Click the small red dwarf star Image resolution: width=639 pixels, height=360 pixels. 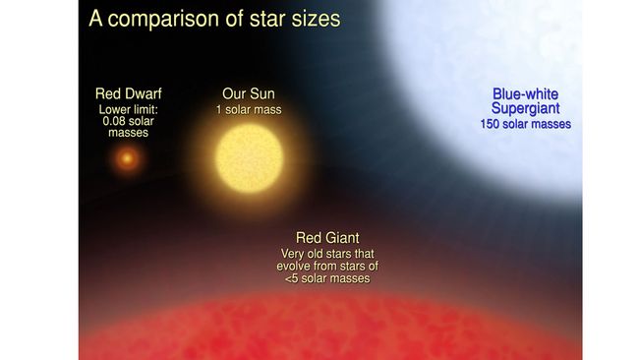[x=126, y=158]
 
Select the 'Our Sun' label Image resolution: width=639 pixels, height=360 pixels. [x=249, y=94]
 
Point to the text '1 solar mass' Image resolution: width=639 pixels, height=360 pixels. [x=249, y=109]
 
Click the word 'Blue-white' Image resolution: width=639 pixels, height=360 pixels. [x=525, y=95]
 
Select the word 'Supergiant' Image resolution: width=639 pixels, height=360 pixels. [x=525, y=109]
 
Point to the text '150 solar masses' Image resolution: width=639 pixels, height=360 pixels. [x=525, y=124]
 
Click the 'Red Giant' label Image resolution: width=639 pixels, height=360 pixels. [x=327, y=238]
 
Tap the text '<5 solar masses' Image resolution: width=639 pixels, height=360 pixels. [x=327, y=279]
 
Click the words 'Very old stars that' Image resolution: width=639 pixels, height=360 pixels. [x=327, y=254]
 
